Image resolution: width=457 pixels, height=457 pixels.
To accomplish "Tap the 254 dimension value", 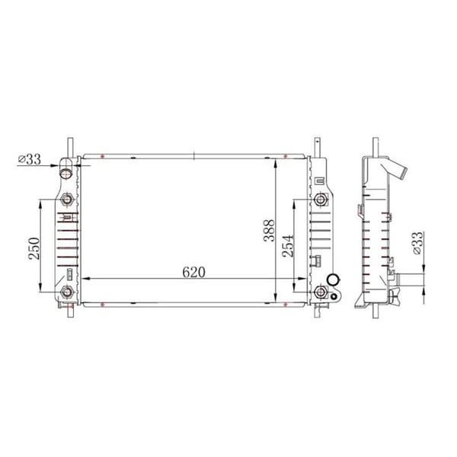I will tap(288, 245).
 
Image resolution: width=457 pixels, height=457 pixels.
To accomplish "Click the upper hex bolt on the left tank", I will tap(67, 200).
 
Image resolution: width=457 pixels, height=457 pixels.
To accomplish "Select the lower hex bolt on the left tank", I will tap(67, 293).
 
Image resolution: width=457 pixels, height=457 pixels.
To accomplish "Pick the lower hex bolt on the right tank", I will tap(320, 294).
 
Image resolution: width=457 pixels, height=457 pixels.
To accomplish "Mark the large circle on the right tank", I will tap(332, 281).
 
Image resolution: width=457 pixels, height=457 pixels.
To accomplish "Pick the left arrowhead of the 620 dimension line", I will tap(85, 277).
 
